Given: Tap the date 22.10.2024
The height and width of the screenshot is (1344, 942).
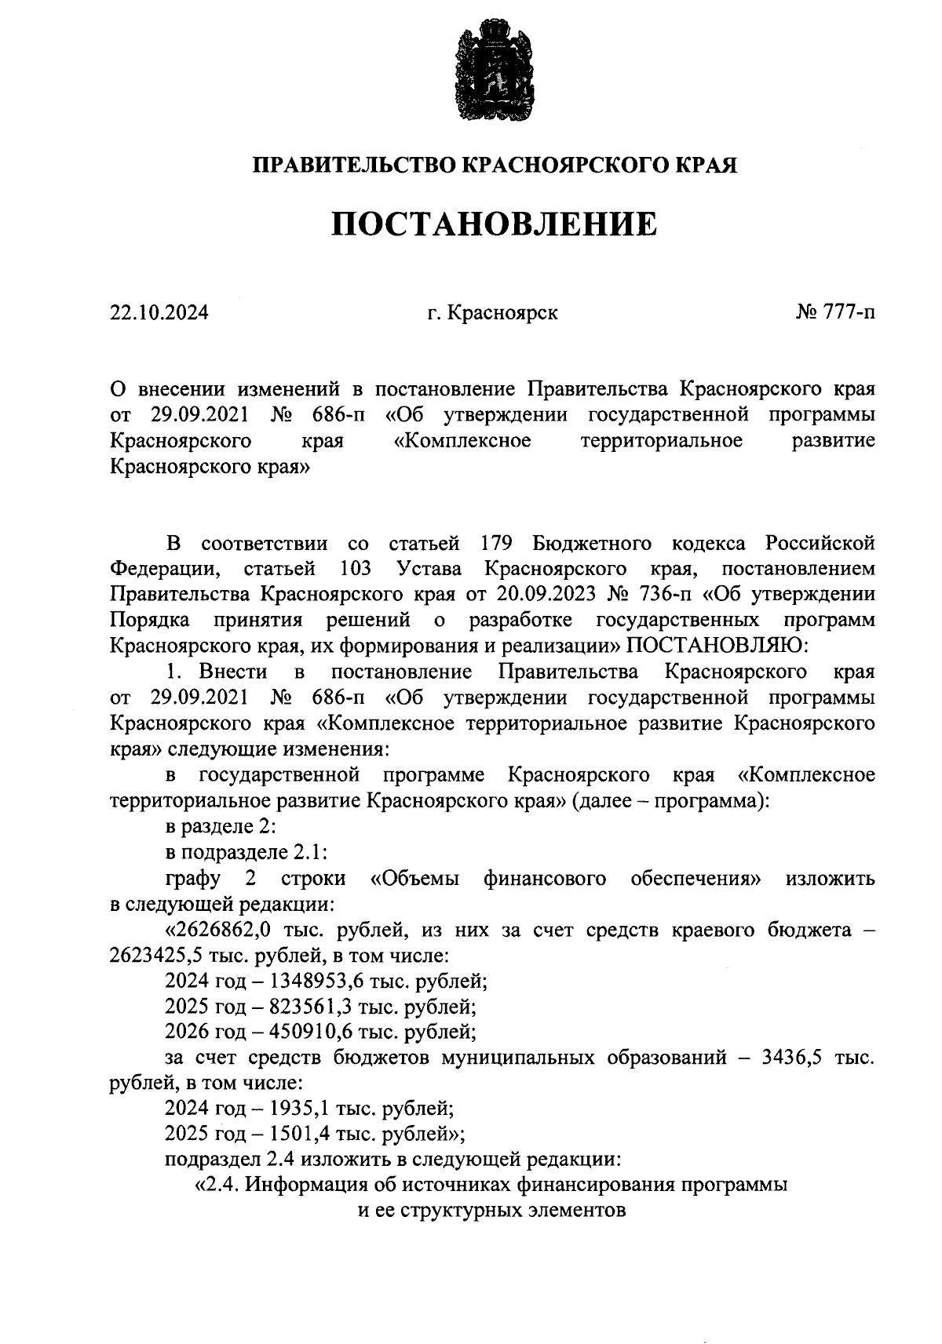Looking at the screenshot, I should pyautogui.click(x=159, y=313).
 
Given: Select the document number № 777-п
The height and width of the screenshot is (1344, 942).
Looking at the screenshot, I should pyautogui.click(x=834, y=313).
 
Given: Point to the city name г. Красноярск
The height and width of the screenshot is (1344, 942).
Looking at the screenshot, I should pyautogui.click(x=492, y=313).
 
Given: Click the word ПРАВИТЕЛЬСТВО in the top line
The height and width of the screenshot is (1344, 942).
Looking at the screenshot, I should pyautogui.click(x=352, y=165).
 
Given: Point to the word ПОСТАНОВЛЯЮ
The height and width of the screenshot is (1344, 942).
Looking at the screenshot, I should pyautogui.click(x=711, y=645).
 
